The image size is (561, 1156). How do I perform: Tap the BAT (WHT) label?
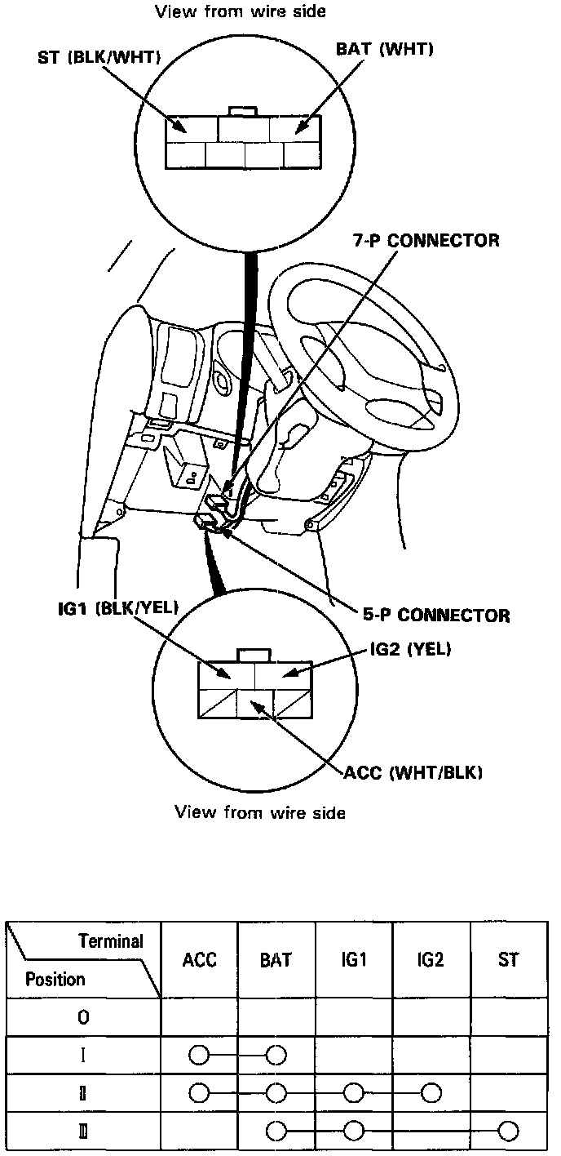click(x=384, y=49)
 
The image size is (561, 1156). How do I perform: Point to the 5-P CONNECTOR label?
click(x=435, y=615)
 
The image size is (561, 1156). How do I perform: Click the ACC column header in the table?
click(x=200, y=960)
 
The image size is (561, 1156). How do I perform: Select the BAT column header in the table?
click(x=276, y=960)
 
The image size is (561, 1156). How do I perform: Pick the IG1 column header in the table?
click(x=354, y=960)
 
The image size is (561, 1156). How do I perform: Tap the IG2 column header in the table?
click(x=430, y=960)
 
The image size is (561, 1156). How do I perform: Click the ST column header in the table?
click(x=508, y=960)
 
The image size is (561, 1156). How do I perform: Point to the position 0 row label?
click(x=83, y=1017)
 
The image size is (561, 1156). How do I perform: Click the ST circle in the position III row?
click(x=509, y=1131)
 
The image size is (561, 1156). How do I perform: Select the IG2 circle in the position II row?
click(x=431, y=1092)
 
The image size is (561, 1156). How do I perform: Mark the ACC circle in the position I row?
click(x=198, y=1056)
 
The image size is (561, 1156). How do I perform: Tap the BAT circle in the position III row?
click(x=276, y=1131)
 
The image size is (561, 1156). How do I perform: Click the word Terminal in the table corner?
click(x=111, y=941)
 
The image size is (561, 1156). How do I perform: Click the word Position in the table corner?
click(x=55, y=979)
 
